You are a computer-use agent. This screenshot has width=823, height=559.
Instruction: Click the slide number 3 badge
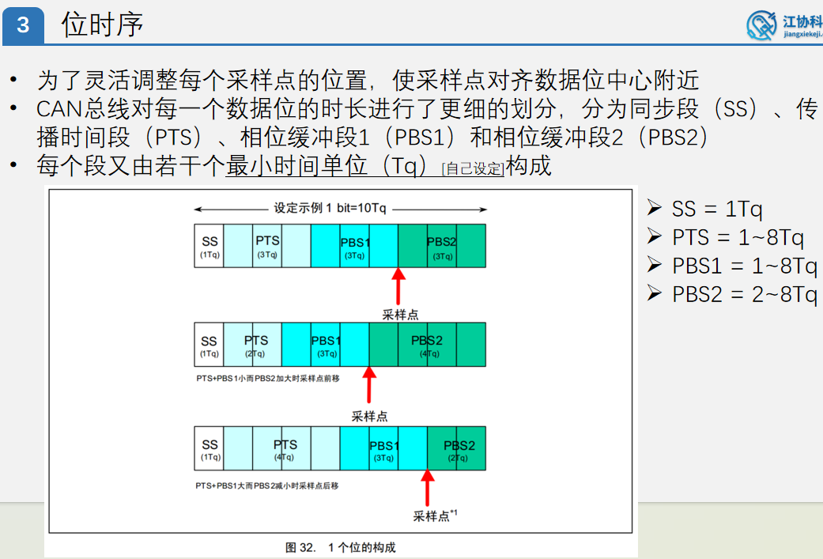pyautogui.click(x=22, y=25)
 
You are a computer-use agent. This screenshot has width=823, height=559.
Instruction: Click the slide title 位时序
pyautogui.click(x=103, y=25)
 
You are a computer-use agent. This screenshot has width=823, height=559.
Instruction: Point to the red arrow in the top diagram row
pyautogui.click(x=398, y=285)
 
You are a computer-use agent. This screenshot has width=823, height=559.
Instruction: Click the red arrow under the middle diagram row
pyautogui.click(x=369, y=385)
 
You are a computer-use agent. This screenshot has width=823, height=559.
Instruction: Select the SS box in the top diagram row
pyautogui.click(x=210, y=246)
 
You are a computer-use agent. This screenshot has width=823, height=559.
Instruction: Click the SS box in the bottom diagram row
pyautogui.click(x=210, y=449)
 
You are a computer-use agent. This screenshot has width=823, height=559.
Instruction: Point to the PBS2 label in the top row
pyautogui.click(x=442, y=242)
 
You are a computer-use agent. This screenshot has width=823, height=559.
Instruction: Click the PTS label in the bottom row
pyautogui.click(x=285, y=445)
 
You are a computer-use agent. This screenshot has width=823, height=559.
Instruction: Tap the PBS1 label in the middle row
pyautogui.click(x=326, y=341)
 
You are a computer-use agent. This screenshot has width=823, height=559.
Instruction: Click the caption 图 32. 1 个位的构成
pyautogui.click(x=341, y=547)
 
